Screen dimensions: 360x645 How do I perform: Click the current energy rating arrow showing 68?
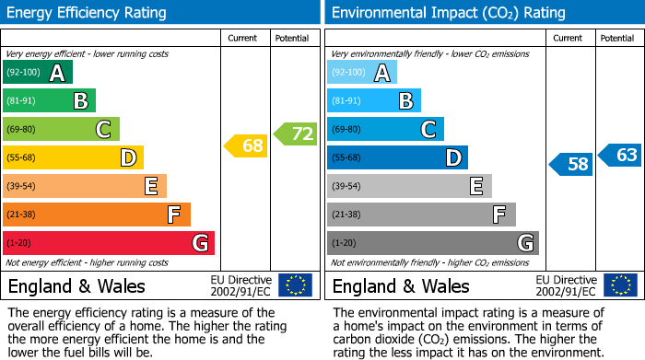tap(247, 145)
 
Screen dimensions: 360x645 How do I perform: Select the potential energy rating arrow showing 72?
tap(296, 134)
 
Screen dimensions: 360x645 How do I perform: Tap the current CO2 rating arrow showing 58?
tap(571, 165)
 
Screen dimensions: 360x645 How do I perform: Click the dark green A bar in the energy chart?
tap(38, 73)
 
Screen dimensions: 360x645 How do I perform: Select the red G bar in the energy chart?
tap(109, 243)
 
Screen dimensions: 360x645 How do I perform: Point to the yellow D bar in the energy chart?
tap(74, 158)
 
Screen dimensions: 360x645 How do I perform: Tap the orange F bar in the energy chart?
tap(97, 215)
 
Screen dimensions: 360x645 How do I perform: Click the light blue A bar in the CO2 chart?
tap(362, 73)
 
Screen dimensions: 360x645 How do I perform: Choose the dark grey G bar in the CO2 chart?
tap(433, 243)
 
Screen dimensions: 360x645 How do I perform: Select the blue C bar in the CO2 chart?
tap(385, 130)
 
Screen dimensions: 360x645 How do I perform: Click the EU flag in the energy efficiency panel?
tap(295, 285)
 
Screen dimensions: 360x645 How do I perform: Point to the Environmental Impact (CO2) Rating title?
tap(448, 13)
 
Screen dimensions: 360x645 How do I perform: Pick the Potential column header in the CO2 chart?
tap(616, 38)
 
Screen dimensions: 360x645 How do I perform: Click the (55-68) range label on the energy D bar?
tap(22, 158)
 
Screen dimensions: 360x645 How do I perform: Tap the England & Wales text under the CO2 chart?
tap(401, 285)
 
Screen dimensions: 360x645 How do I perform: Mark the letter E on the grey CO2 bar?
tap(476, 187)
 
